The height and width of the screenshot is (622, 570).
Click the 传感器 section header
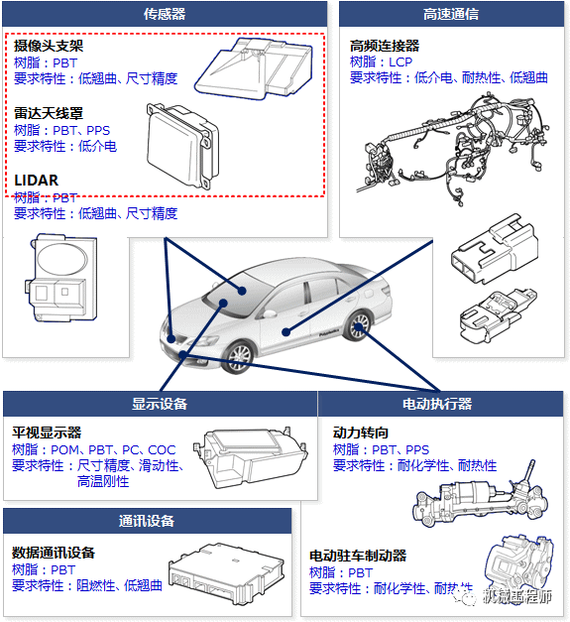165,14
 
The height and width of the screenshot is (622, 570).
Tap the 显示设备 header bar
160,404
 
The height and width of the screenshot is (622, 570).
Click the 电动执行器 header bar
436,404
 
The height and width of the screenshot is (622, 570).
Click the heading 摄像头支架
49,47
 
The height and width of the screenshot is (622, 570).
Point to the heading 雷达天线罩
49,114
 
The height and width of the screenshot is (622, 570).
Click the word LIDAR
36,181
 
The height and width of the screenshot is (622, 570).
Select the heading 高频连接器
385,46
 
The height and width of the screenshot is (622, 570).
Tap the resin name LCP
399,62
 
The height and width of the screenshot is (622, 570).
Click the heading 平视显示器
47,434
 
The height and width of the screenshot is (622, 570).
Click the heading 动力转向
361,434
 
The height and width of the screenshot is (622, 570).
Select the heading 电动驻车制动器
358,557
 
